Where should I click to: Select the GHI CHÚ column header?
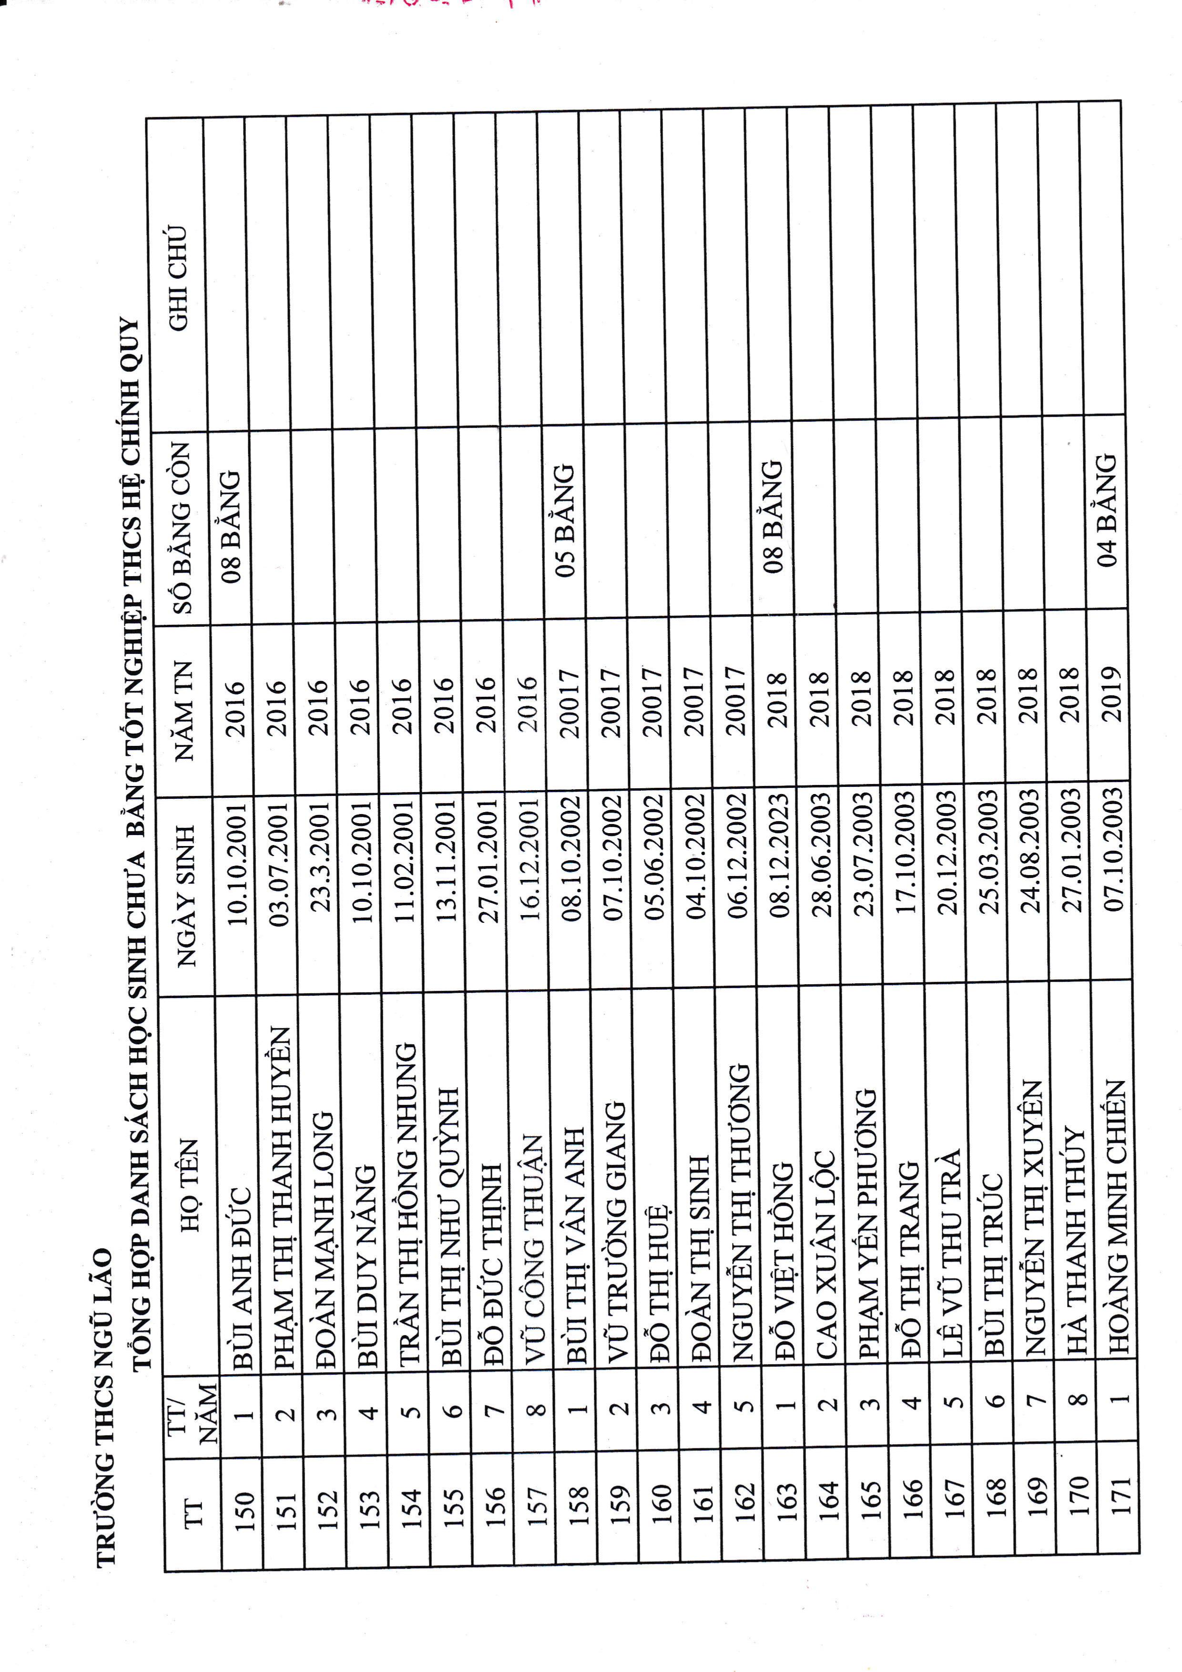point(178,277)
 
